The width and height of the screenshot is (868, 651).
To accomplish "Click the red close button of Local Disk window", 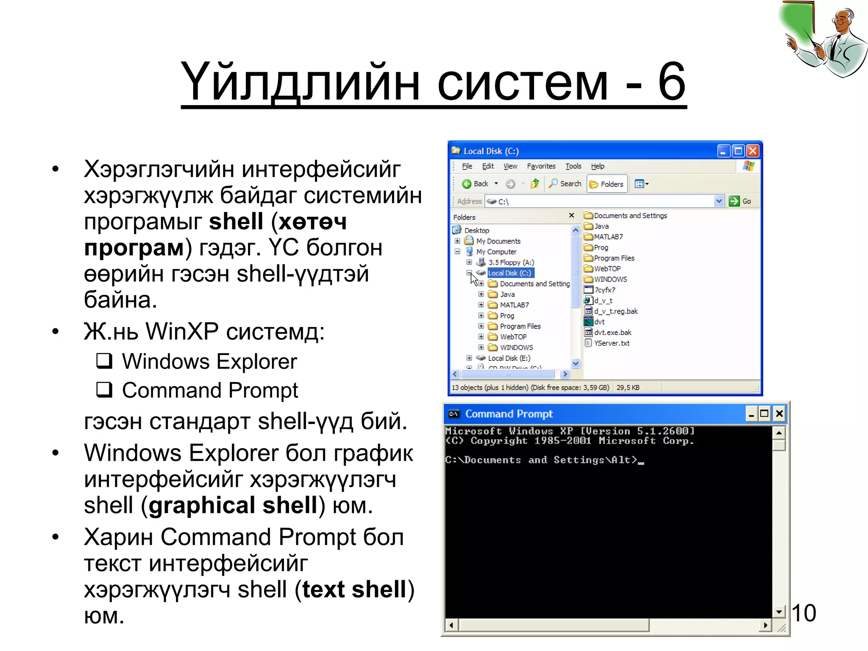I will point(753,151).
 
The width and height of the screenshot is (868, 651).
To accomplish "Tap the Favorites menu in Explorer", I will point(541,166).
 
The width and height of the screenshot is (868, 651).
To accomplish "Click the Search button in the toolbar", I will point(565,183).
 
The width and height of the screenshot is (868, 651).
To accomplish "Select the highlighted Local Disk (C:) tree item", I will point(509,273).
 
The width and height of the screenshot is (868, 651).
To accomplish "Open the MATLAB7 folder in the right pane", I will point(608,236).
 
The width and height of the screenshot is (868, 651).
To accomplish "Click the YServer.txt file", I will point(611,343).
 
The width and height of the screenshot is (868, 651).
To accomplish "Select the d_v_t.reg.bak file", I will point(615,311).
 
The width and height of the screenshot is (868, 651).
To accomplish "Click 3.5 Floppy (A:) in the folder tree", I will point(511,262).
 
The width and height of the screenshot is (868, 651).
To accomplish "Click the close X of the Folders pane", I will point(571,216).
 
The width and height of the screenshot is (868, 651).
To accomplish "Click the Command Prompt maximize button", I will point(764,413).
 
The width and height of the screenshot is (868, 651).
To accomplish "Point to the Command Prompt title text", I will point(509,414).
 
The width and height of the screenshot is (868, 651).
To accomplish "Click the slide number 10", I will point(804,613).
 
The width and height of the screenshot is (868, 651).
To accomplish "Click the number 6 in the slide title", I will point(671,81).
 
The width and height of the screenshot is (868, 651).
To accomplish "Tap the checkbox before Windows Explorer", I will point(104,361).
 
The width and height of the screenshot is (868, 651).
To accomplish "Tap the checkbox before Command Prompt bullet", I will point(104,390).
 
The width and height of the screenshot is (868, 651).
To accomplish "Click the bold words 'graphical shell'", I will point(233,505).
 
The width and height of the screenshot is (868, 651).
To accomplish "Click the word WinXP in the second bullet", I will point(182,331).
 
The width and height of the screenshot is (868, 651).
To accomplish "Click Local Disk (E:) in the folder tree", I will point(509,358).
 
